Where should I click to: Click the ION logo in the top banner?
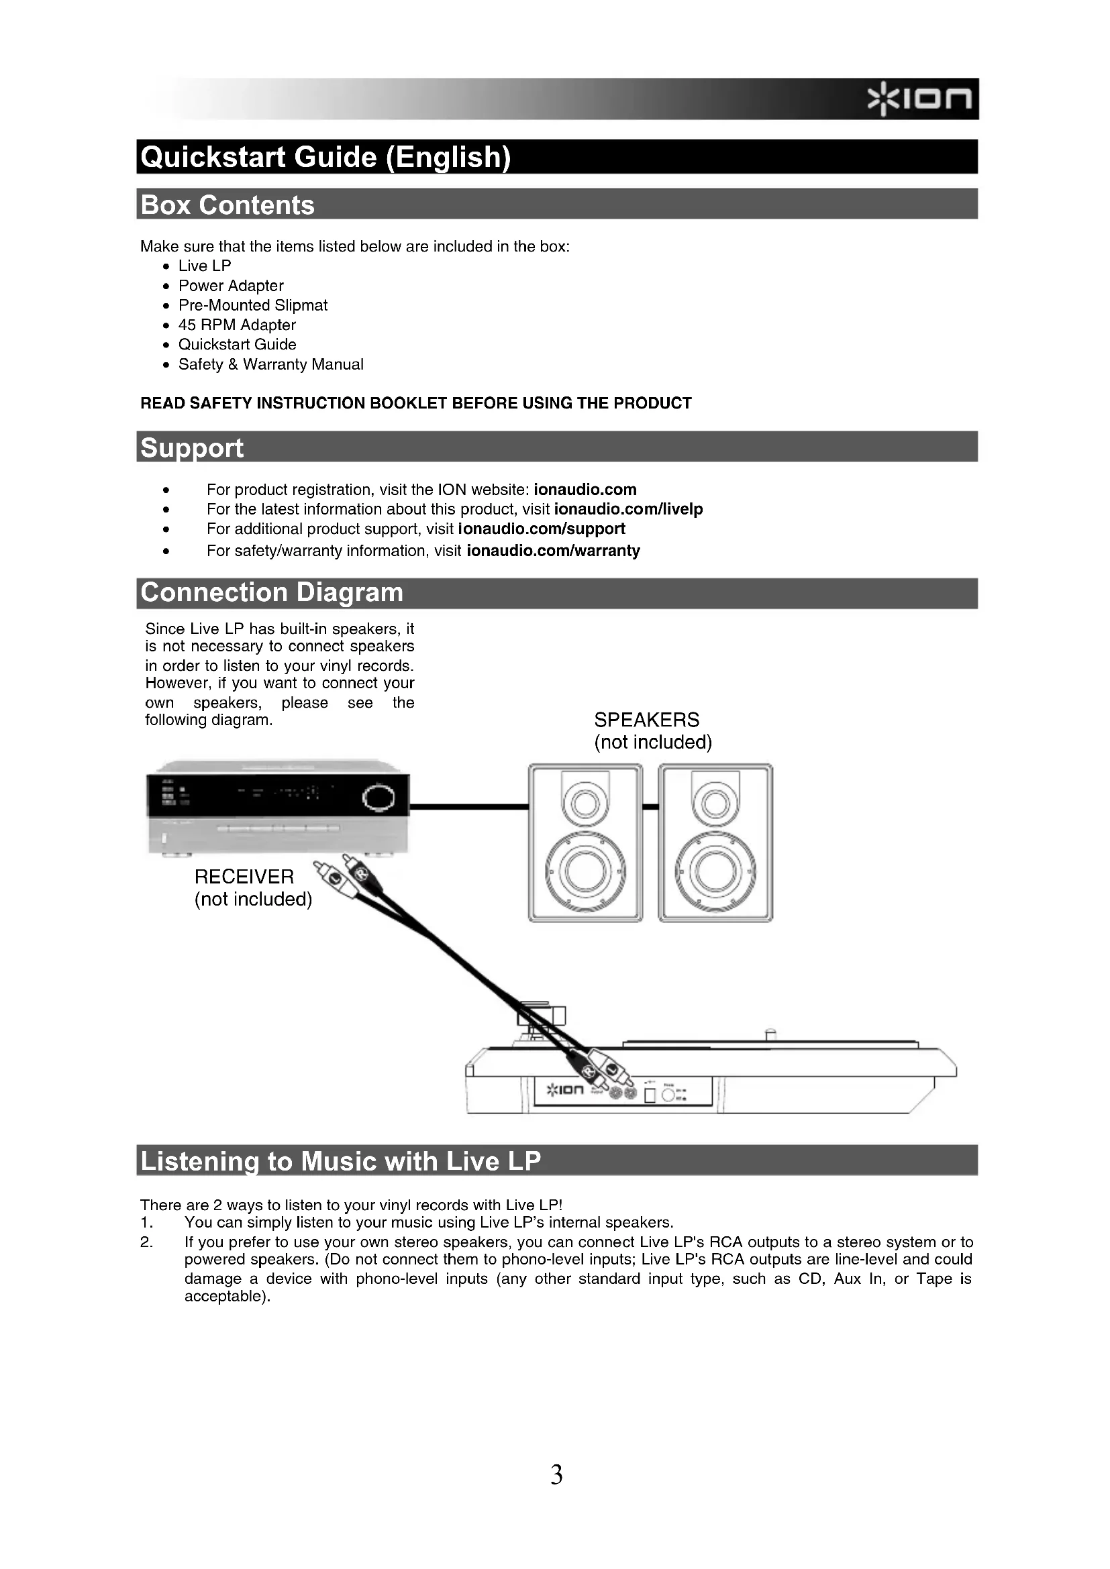[919, 100]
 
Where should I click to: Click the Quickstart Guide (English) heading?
[325, 157]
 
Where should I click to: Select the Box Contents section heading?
[227, 205]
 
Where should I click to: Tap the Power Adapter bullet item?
[230, 286]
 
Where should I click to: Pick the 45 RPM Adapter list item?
[236, 325]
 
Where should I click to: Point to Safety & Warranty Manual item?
[270, 364]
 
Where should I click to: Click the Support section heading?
[191, 447]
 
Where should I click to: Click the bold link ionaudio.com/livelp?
[628, 509]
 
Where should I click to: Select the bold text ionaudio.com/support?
[542, 529]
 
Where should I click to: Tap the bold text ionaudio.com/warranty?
[553, 551]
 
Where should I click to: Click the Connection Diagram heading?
[271, 592]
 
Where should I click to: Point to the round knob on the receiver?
[378, 798]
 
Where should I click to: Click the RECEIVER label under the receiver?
[244, 877]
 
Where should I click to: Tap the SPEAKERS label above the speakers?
[646, 720]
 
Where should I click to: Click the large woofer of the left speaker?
[585, 872]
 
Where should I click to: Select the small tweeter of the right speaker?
[715, 804]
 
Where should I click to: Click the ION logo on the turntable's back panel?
[565, 1089]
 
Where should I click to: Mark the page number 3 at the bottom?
[556, 1474]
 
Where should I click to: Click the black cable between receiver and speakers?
[469, 807]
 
